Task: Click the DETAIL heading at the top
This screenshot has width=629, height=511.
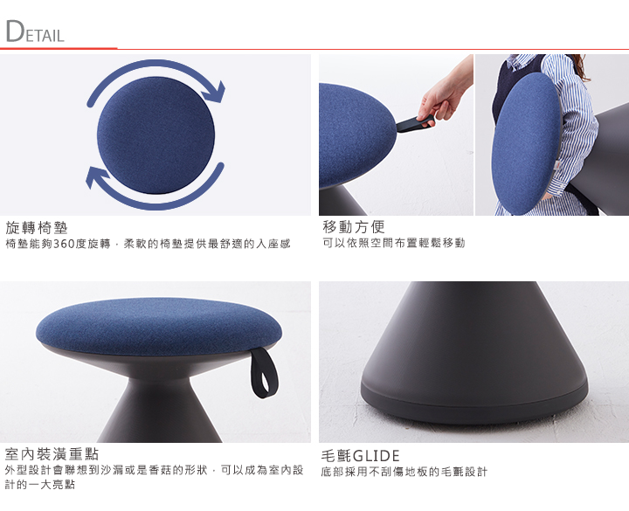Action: pyautogui.click(x=35, y=31)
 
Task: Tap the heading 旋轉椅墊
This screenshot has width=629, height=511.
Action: pyautogui.click(x=37, y=228)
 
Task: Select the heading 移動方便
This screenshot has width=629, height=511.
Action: pyautogui.click(x=354, y=227)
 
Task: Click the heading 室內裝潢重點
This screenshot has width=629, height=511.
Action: pyautogui.click(x=52, y=454)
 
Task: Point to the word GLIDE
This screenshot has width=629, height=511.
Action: pyautogui.click(x=376, y=456)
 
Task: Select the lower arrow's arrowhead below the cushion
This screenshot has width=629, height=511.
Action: pyautogui.click(x=97, y=177)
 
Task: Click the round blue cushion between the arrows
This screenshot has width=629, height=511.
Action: pyautogui.click(x=156, y=135)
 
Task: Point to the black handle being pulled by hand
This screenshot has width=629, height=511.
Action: pyautogui.click(x=415, y=123)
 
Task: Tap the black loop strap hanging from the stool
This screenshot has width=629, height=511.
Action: pyautogui.click(x=265, y=373)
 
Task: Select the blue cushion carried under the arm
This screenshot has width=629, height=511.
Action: pyautogui.click(x=526, y=143)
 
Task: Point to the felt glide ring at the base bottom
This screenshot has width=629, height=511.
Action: pyautogui.click(x=474, y=404)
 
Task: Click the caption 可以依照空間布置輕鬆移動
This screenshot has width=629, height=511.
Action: pyautogui.click(x=394, y=243)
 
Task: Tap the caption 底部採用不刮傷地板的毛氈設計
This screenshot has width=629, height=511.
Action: pyautogui.click(x=404, y=472)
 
